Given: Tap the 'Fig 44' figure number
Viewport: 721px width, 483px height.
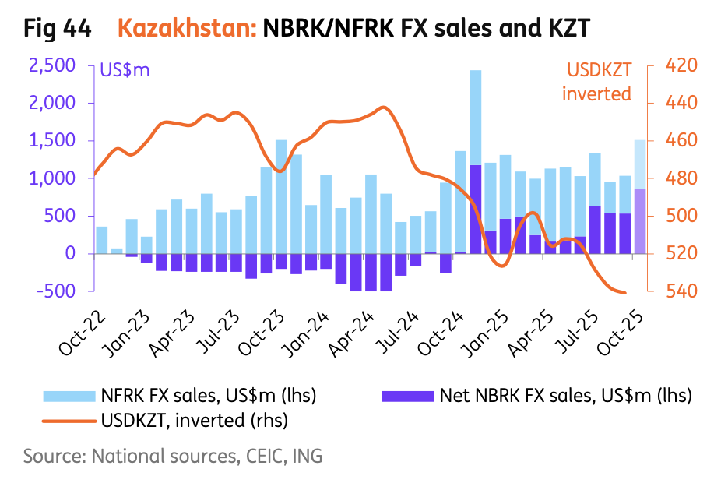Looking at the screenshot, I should [x=57, y=30].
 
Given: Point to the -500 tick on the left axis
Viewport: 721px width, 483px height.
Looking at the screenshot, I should [x=57, y=291].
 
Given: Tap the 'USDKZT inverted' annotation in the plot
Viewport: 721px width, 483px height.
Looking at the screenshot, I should [x=598, y=82].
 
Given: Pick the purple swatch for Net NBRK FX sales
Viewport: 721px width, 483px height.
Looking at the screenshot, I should [x=407, y=396].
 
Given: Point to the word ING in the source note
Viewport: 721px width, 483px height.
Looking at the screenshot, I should [x=307, y=456].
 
